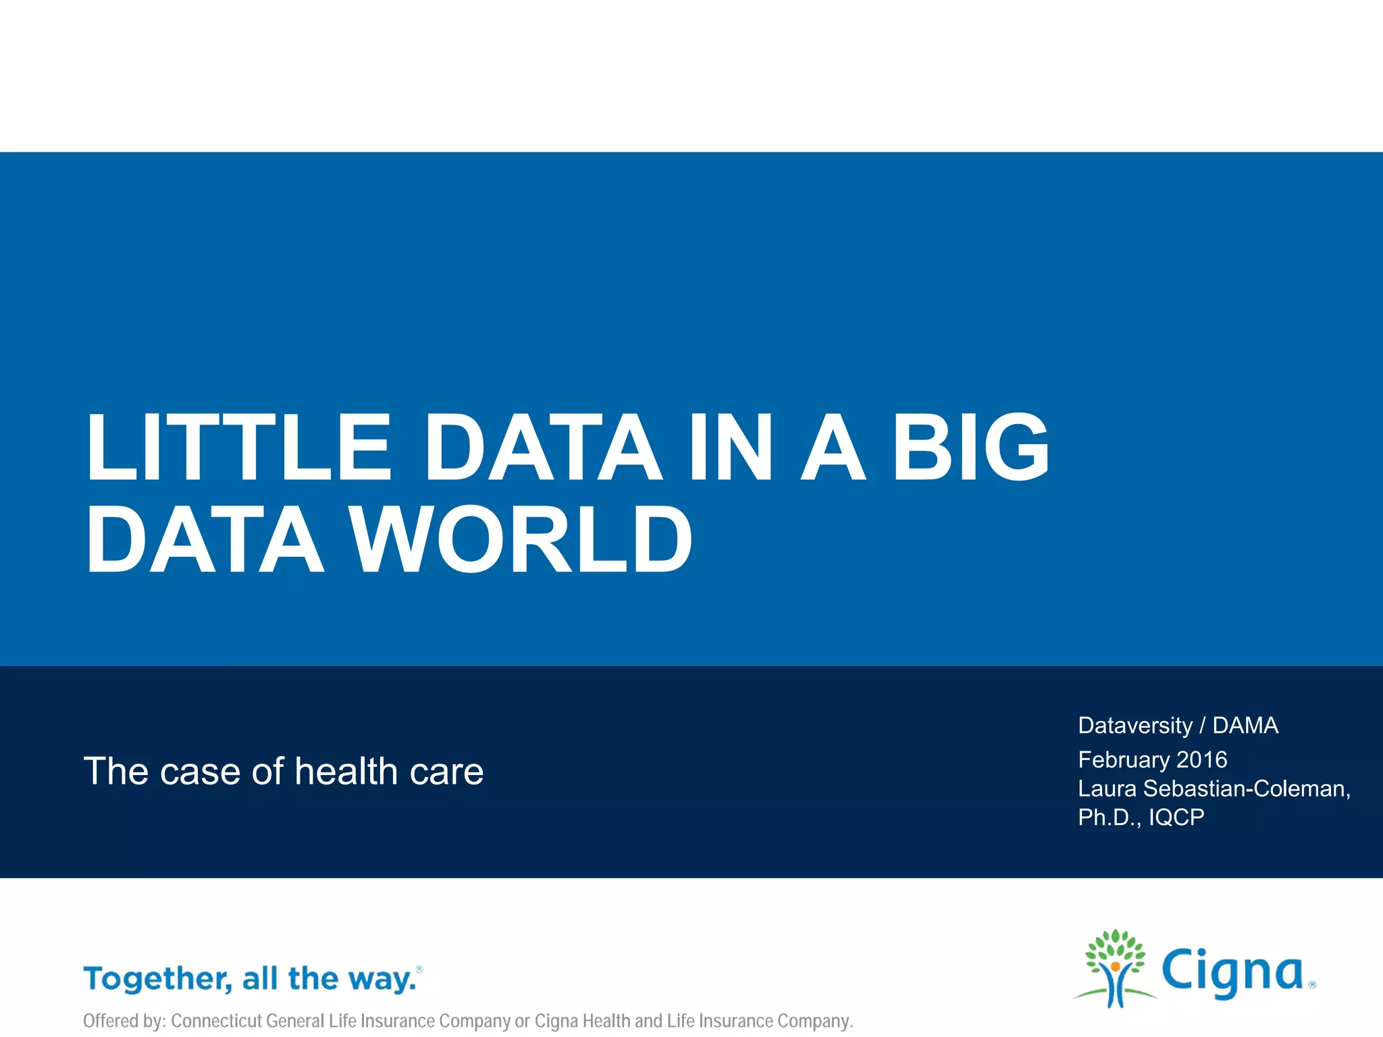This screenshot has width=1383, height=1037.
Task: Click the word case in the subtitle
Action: (x=200, y=771)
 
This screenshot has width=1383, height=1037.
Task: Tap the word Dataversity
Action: (x=1135, y=726)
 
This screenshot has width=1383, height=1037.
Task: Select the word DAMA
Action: (x=1245, y=726)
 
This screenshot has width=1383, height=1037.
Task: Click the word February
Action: (x=1124, y=760)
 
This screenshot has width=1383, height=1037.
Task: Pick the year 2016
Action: (x=1201, y=760)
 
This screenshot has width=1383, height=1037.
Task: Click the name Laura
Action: (x=1107, y=789)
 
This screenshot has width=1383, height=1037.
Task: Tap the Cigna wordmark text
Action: (x=1232, y=972)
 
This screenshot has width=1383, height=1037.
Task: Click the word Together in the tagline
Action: (x=157, y=979)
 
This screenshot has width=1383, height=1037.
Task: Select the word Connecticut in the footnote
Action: (x=216, y=1021)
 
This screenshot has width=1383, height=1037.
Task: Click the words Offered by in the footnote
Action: (x=124, y=1021)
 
